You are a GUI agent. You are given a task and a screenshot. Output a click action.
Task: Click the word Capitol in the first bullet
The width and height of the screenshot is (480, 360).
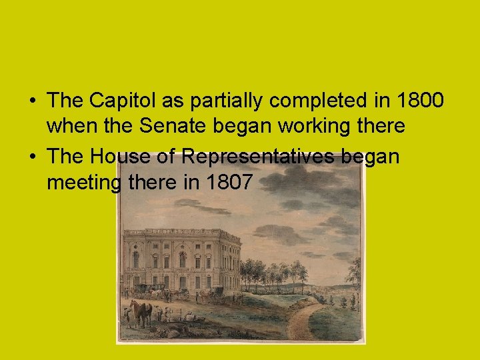coord(114,101)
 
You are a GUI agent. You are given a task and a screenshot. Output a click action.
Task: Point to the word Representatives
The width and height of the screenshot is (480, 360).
coord(259,156)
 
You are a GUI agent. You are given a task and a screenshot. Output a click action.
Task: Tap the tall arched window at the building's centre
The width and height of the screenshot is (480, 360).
coord(182,259)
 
